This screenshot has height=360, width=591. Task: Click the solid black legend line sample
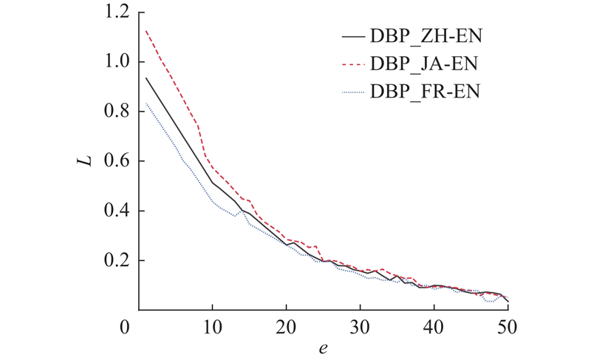click(354, 35)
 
